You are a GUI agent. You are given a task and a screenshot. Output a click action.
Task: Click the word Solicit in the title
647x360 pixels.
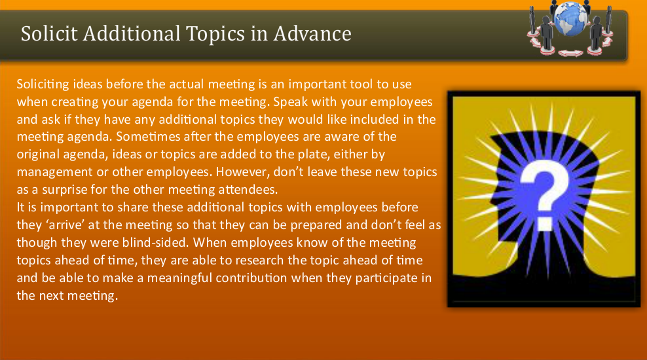point(45,33)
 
